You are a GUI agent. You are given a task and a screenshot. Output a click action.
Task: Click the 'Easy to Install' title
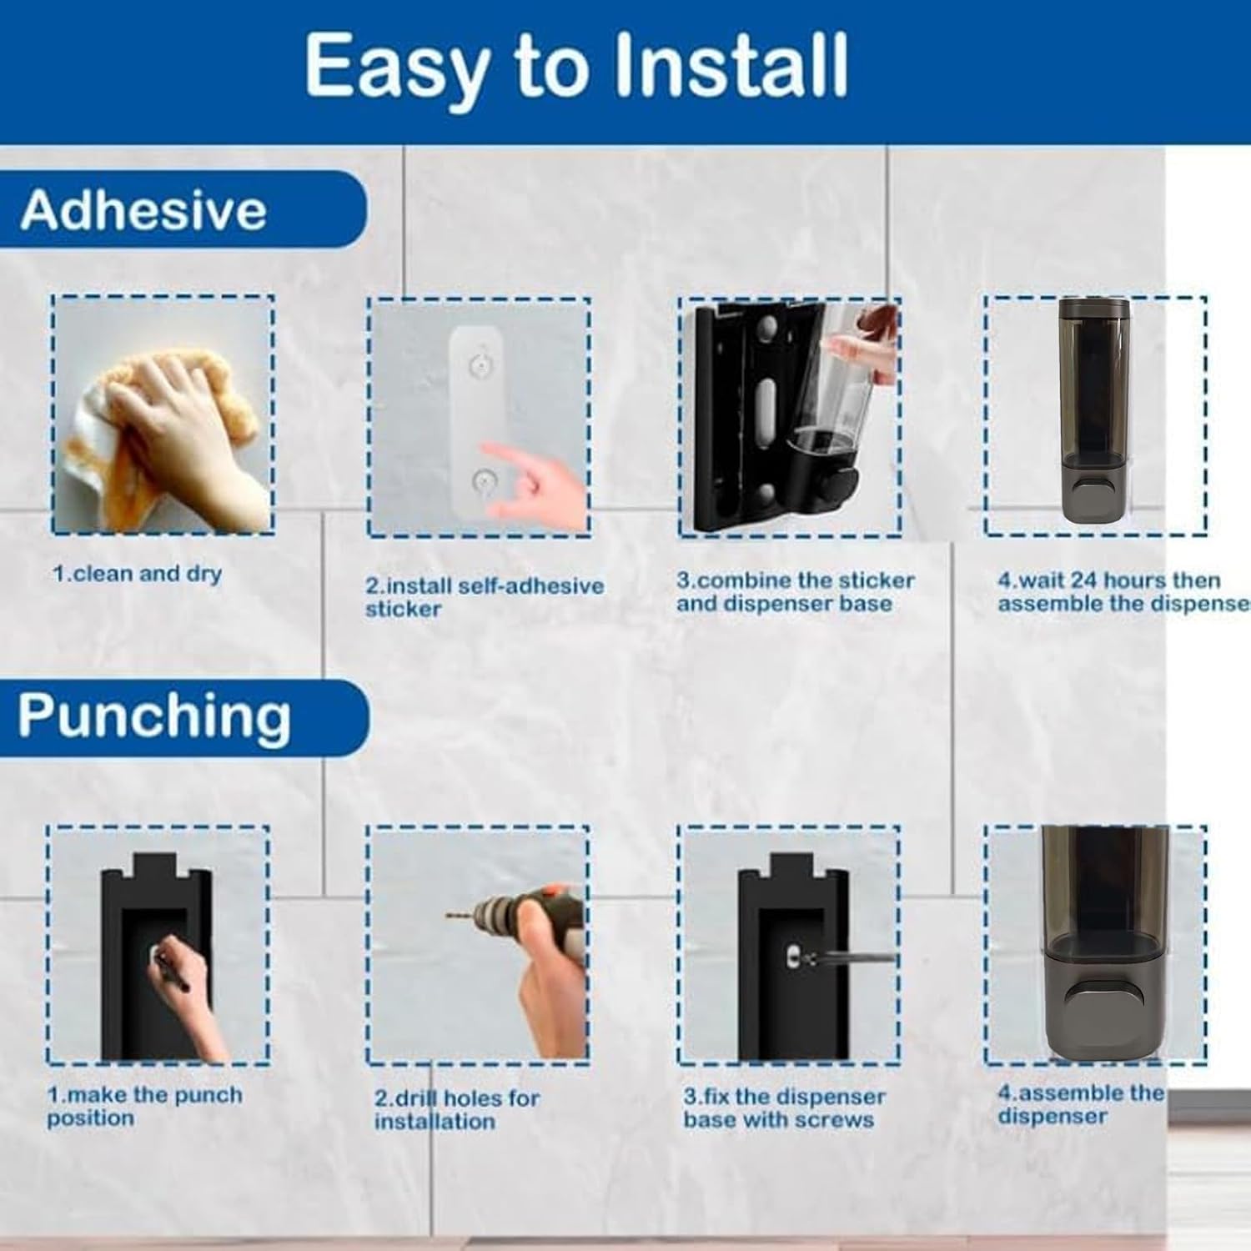pos(576,67)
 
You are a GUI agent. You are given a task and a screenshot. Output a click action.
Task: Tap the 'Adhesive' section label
pos(143,209)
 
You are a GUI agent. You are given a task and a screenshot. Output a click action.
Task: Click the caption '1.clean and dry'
pos(137,574)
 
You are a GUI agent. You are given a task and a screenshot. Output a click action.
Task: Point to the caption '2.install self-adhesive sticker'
pos(484,597)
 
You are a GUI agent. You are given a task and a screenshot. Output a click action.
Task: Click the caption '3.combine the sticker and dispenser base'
pos(795,591)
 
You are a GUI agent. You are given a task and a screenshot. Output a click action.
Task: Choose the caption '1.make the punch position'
pos(144,1106)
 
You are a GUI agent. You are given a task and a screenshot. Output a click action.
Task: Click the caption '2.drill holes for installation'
pos(457,1109)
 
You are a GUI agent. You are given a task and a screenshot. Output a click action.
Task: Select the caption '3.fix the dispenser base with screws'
pos(785,1108)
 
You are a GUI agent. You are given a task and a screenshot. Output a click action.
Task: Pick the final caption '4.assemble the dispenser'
pos(1081,1104)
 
